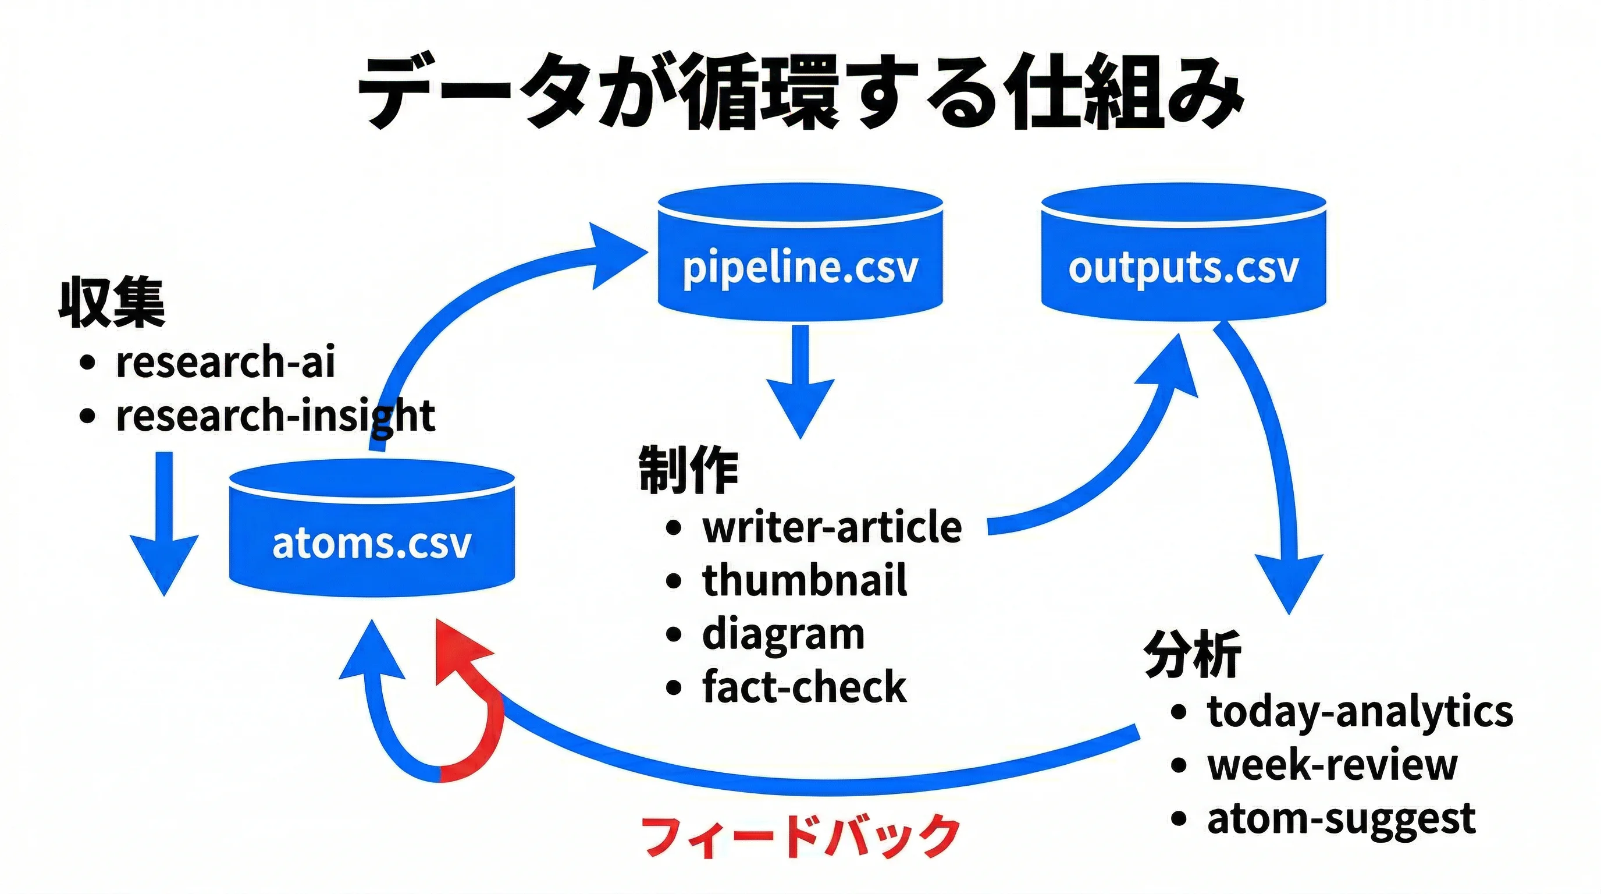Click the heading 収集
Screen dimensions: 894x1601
point(112,303)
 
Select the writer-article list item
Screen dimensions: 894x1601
point(831,527)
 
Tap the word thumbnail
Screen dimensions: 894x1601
point(804,581)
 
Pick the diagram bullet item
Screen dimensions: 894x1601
point(783,634)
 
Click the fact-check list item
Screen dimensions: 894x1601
point(803,687)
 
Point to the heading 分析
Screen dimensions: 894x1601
point(1192,654)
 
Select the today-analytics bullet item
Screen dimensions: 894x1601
point(1359,711)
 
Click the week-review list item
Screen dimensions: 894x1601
point(1331,765)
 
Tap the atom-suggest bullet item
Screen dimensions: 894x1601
point(1340,819)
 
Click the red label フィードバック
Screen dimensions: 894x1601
point(800,837)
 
